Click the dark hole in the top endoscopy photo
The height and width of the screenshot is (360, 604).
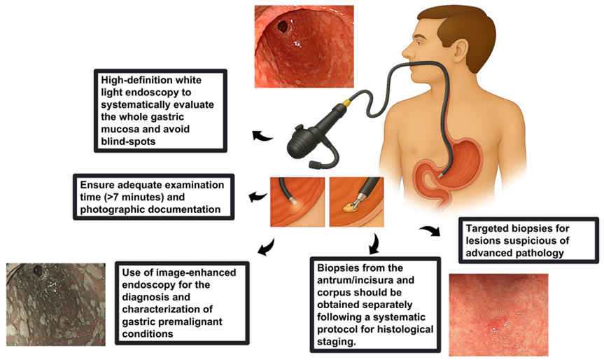coord(282,27)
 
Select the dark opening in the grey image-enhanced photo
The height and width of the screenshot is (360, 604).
coord(38,271)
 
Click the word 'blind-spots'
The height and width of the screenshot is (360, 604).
coord(128,141)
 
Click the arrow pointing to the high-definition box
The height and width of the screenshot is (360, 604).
coord(262,136)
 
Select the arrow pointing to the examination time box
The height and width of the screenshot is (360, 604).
coord(258,197)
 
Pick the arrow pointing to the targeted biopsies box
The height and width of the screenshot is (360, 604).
coord(430,230)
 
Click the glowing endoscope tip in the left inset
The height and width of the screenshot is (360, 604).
coord(294,201)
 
